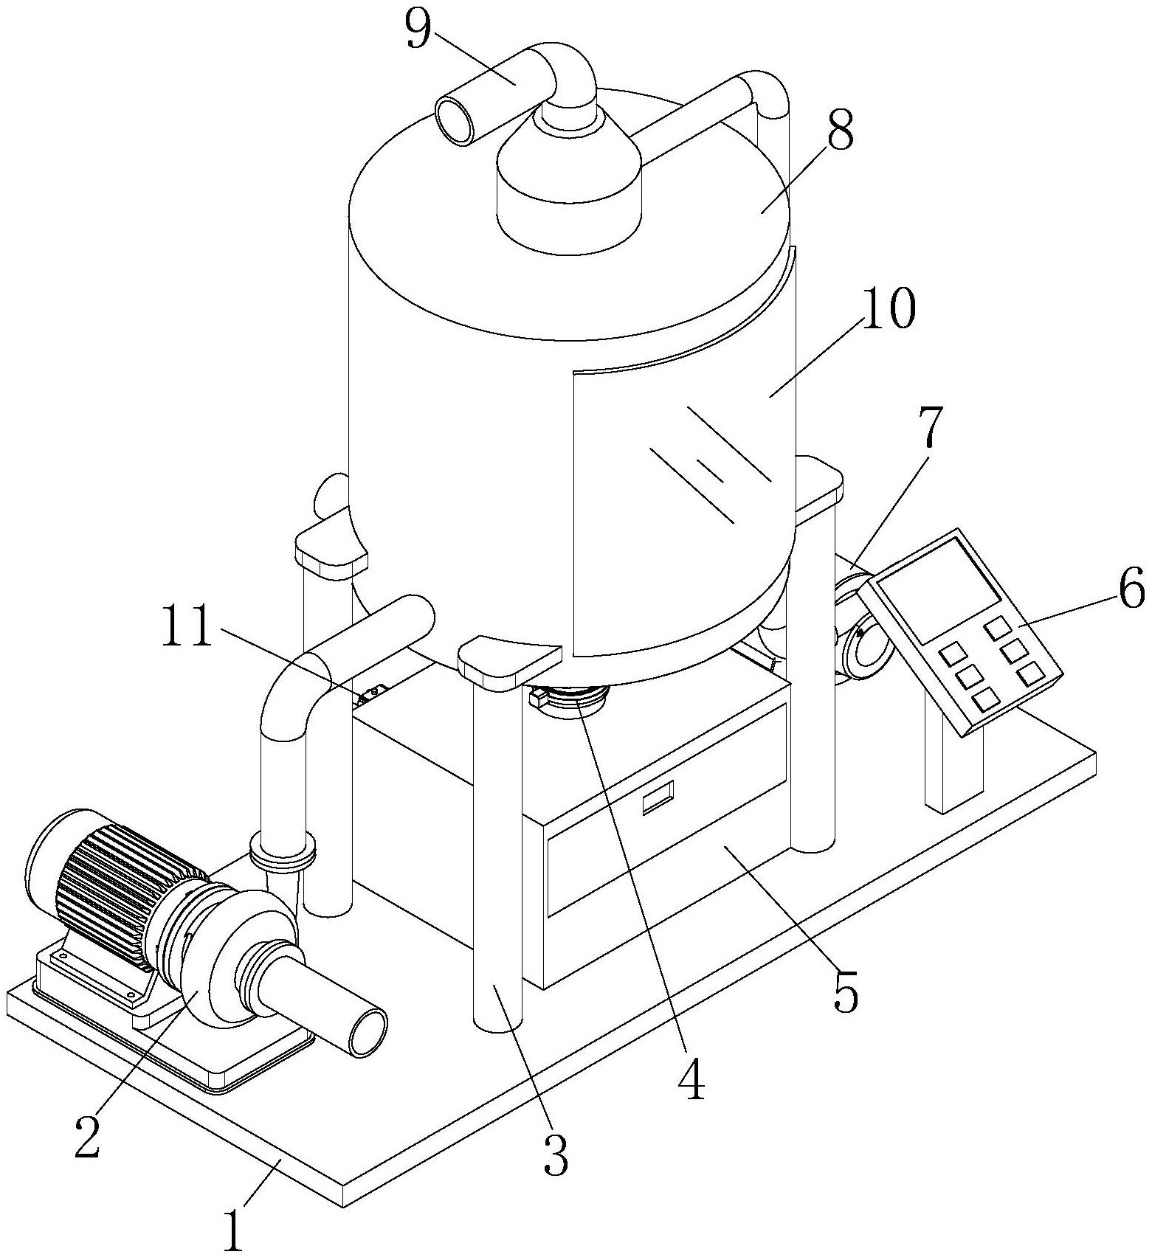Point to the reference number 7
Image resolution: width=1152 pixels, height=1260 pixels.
[928, 427]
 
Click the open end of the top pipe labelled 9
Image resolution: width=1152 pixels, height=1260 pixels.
[455, 120]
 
